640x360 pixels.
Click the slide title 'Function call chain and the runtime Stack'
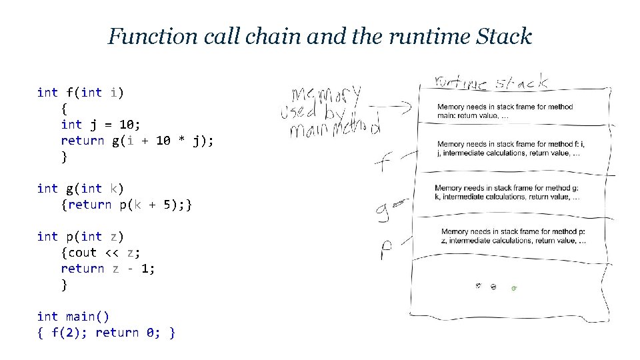319,36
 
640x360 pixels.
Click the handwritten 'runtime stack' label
491,83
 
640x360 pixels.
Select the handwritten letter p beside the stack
387,250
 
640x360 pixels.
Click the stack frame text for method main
505,111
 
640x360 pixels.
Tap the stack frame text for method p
513,236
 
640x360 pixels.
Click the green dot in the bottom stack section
513,288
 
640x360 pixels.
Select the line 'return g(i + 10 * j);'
137,141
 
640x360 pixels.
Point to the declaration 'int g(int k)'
80,189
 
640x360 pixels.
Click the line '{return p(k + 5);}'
127,205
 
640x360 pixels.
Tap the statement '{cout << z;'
101,253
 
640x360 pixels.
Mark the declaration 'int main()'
73,317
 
